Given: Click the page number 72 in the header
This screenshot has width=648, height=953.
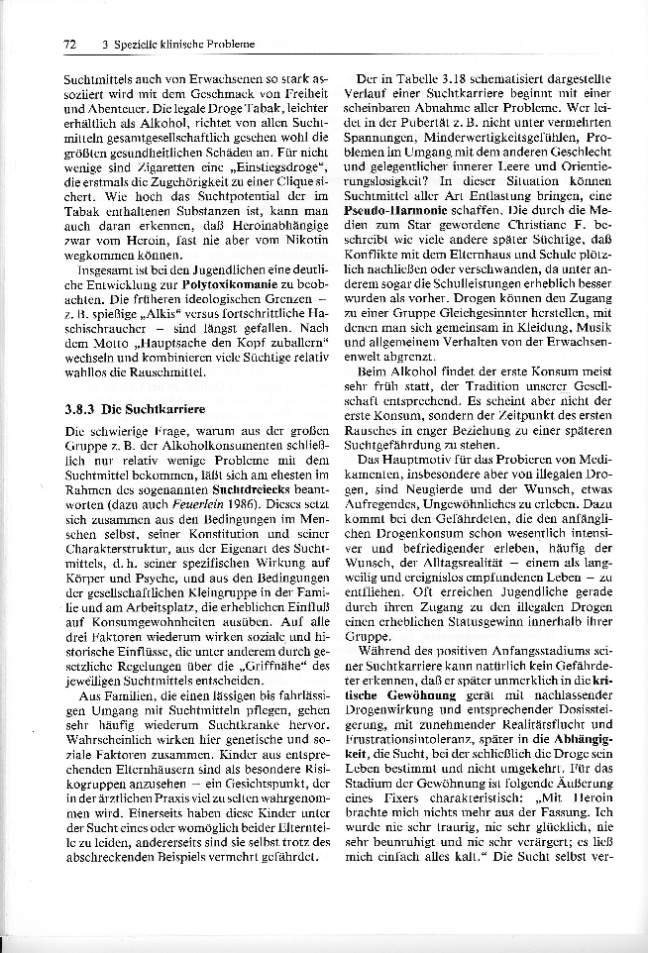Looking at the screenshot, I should [70, 45].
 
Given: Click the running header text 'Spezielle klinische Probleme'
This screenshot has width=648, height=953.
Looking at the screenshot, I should [184, 45].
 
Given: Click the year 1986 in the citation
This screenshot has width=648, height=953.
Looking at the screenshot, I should [234, 504].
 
